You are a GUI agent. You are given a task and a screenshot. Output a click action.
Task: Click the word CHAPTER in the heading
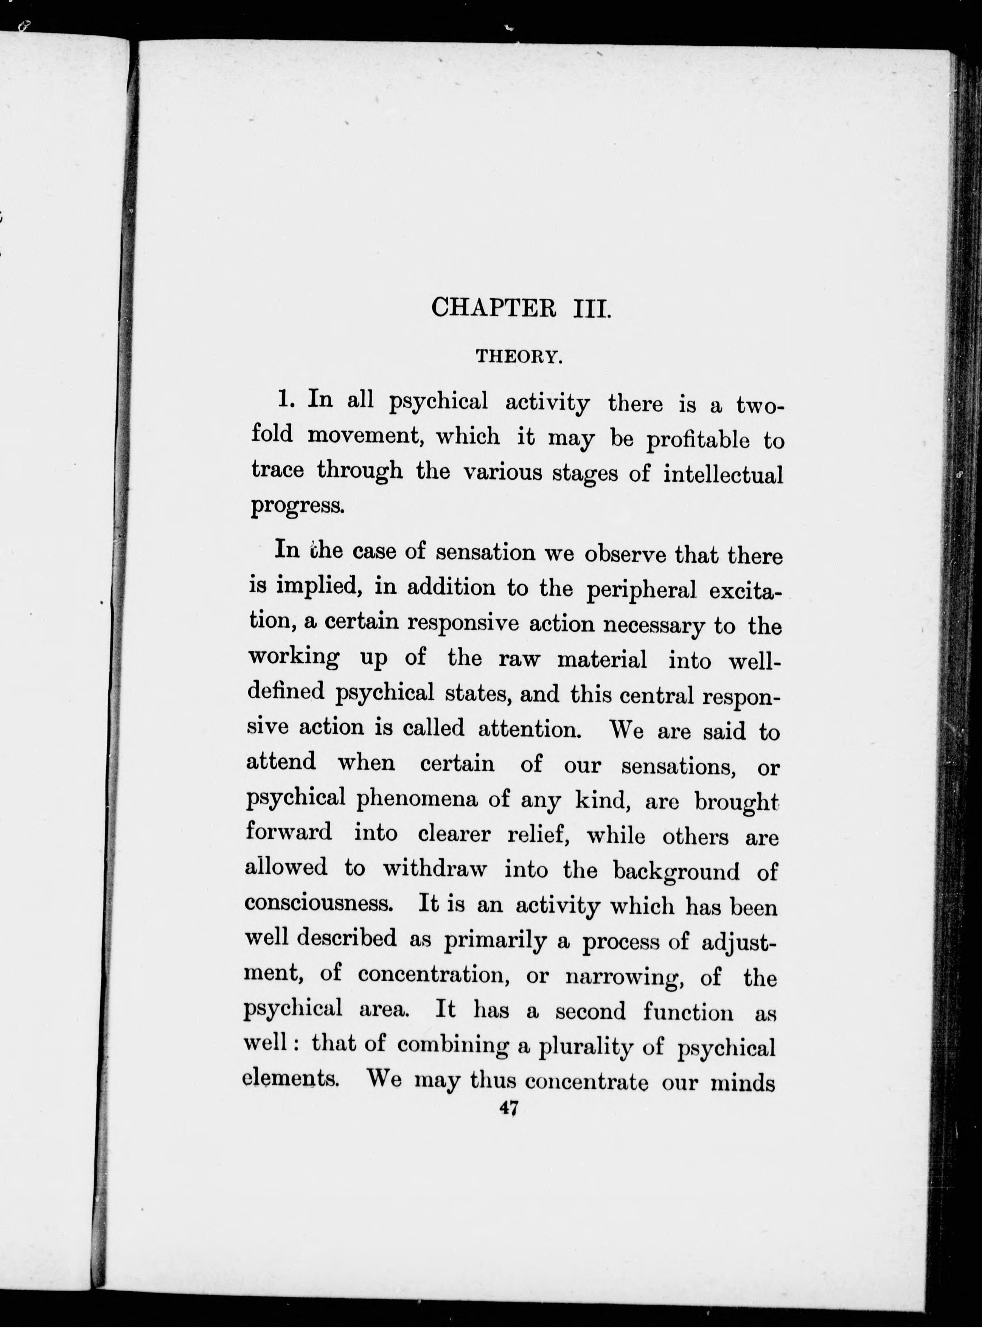pos(493,308)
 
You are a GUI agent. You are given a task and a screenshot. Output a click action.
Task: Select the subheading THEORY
pos(518,357)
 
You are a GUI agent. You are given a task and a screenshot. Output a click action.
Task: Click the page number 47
pos(510,1109)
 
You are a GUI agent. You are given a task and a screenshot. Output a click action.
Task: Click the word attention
pos(530,728)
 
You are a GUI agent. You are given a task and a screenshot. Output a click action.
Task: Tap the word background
pos(676,871)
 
